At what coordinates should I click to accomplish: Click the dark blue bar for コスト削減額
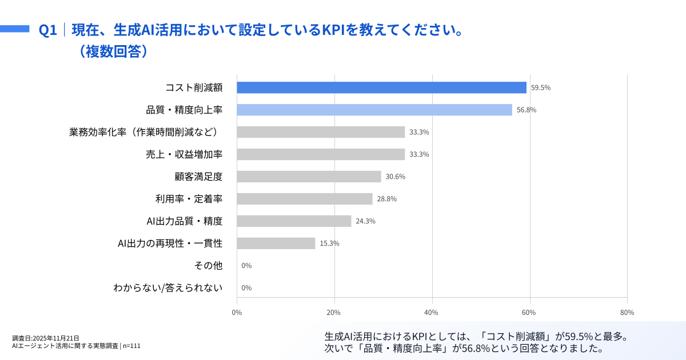pyautogui.click(x=381, y=87)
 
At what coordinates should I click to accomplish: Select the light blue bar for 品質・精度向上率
pyautogui.click(x=374, y=110)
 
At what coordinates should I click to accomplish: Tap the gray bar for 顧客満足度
pyautogui.click(x=309, y=177)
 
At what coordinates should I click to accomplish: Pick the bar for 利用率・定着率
pyautogui.click(x=305, y=199)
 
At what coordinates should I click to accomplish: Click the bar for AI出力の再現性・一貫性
pyautogui.click(x=276, y=243)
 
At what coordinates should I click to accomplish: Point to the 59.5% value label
pyautogui.click(x=541, y=88)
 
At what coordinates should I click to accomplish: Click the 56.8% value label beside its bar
pyautogui.click(x=527, y=110)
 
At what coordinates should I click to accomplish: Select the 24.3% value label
pyautogui.click(x=365, y=221)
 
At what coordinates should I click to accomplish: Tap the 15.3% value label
pyautogui.click(x=329, y=243)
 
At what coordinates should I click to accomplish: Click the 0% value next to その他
pyautogui.click(x=246, y=266)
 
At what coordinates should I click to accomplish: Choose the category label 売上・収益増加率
pyautogui.click(x=184, y=154)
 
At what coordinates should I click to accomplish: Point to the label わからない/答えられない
pyautogui.click(x=167, y=288)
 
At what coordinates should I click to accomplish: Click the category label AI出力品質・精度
pyautogui.click(x=185, y=221)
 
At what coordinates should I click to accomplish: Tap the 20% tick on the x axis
pyautogui.click(x=334, y=313)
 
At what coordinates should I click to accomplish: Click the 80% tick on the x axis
pyautogui.click(x=627, y=313)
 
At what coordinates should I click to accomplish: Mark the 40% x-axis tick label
pyautogui.click(x=432, y=313)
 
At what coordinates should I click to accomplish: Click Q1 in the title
pyautogui.click(x=47, y=30)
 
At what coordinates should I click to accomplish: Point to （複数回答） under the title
pyautogui.click(x=114, y=51)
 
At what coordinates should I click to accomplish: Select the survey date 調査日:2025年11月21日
pyautogui.click(x=46, y=338)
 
